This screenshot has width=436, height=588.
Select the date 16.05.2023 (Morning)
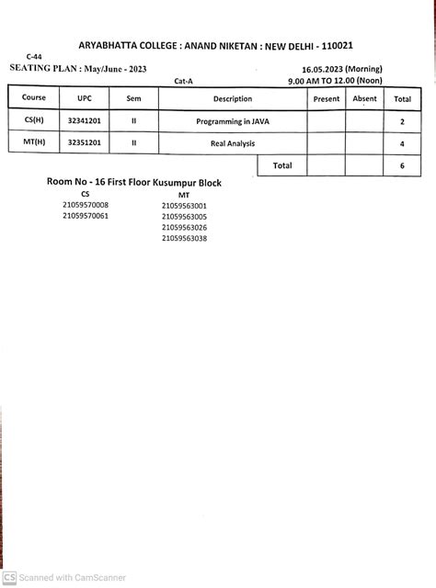pyautogui.click(x=342, y=70)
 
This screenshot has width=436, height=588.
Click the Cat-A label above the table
pyautogui.click(x=183, y=81)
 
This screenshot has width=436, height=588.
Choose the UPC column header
pyautogui.click(x=85, y=98)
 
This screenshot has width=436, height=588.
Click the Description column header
pyautogui.click(x=233, y=98)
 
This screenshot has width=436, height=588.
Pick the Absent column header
pyautogui.click(x=364, y=98)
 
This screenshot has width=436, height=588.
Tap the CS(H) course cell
pyautogui.click(x=34, y=120)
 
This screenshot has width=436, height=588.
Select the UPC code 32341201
pyautogui.click(x=85, y=120)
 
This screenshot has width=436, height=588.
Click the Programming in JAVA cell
pyautogui.click(x=233, y=120)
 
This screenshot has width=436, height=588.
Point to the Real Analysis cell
pyautogui.click(x=233, y=143)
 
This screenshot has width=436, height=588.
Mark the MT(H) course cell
pyautogui.click(x=34, y=143)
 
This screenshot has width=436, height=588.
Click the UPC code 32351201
pyautogui.click(x=85, y=143)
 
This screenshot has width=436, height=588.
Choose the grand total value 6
pyautogui.click(x=402, y=166)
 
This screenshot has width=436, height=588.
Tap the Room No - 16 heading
pyautogui.click(x=134, y=183)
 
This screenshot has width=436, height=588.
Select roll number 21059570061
pyautogui.click(x=86, y=216)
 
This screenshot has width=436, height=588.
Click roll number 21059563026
pyautogui.click(x=184, y=227)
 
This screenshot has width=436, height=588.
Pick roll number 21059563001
pyautogui.click(x=184, y=206)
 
